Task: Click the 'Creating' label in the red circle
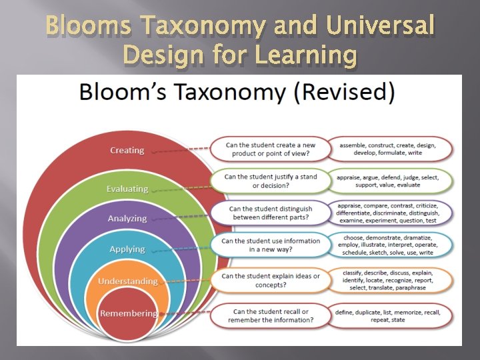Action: (127, 151)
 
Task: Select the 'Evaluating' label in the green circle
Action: (127, 189)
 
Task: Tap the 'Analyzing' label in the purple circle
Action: (127, 219)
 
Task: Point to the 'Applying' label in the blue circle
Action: (127, 249)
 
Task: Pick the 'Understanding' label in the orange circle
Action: (127, 281)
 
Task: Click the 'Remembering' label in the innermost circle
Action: (129, 313)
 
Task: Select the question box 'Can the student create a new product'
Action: (271, 150)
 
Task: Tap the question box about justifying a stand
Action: (271, 181)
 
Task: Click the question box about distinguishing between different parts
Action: (271, 213)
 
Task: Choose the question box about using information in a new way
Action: (271, 245)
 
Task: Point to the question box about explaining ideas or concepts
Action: (271, 281)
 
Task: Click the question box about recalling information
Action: (271, 315)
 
